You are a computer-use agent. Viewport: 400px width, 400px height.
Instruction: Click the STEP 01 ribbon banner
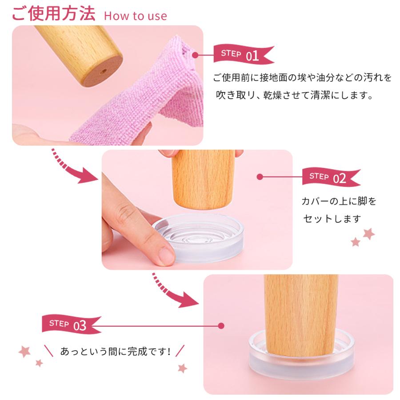pos(242,55)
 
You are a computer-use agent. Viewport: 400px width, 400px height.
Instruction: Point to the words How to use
pos(135,16)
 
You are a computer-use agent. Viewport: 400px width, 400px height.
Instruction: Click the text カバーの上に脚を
pos(339,201)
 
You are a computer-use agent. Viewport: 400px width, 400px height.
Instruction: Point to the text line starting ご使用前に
pos(302,79)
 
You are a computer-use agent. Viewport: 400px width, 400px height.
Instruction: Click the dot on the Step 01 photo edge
pos(195,55)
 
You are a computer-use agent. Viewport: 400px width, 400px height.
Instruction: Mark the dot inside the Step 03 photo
pos(221,326)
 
